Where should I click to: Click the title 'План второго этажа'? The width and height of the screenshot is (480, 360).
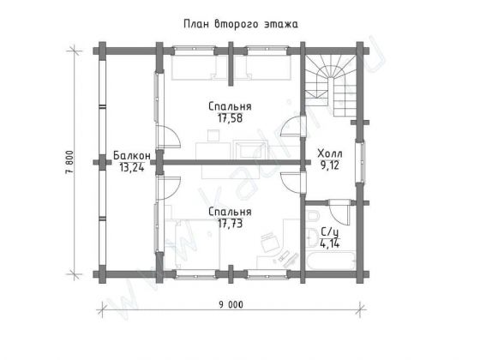point(239,25)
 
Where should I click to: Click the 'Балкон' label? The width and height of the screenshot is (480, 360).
point(131,155)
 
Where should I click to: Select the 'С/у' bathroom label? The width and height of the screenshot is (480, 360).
point(328,232)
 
